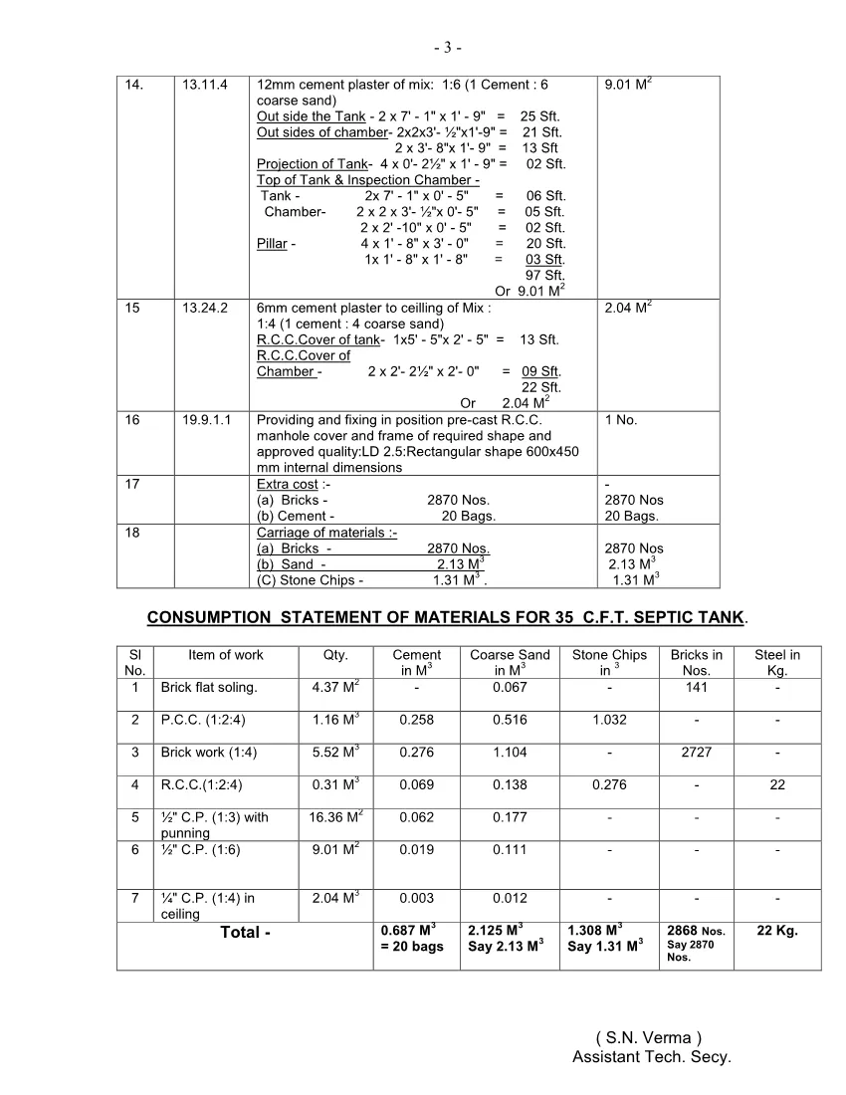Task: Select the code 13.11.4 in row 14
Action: (205, 85)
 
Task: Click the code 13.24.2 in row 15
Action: (205, 309)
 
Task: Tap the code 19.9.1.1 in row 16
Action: (207, 420)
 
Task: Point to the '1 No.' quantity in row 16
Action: (621, 420)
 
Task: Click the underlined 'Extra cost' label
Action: (287, 485)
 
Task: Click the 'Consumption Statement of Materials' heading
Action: (445, 618)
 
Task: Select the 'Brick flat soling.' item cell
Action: (209, 688)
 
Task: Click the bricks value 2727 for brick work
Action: (696, 753)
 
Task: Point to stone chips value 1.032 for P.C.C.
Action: (609, 720)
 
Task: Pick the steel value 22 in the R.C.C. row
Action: (776, 785)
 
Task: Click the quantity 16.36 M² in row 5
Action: (335, 817)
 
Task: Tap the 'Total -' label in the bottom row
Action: (245, 933)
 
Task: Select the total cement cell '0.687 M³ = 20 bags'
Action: (412, 939)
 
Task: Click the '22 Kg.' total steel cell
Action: (776, 932)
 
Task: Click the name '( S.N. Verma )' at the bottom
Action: (650, 1038)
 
